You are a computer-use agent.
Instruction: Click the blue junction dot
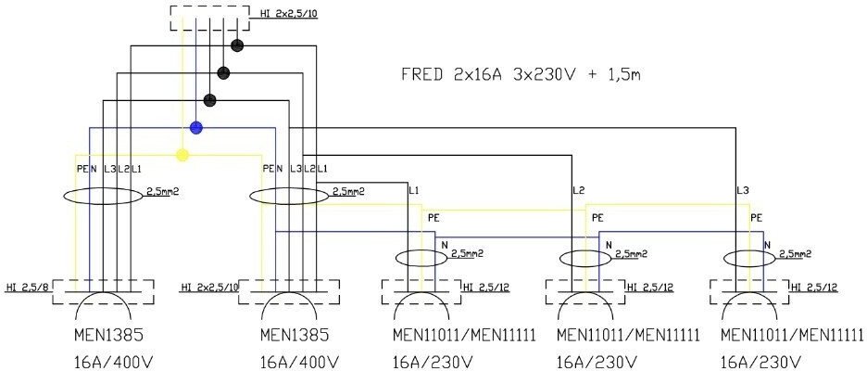pyautogui.click(x=196, y=128)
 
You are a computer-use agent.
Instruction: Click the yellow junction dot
pyautogui.click(x=182, y=155)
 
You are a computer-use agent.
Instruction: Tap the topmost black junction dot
pyautogui.click(x=237, y=45)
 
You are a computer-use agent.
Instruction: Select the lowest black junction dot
pyautogui.click(x=209, y=100)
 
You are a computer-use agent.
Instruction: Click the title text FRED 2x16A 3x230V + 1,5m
pyautogui.click(x=521, y=75)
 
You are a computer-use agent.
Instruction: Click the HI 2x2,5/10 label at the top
pyautogui.click(x=283, y=13)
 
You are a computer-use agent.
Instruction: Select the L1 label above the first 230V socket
pyautogui.click(x=414, y=190)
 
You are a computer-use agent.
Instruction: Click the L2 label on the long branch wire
pyautogui.click(x=579, y=190)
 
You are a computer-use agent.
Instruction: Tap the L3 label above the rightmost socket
pyautogui.click(x=743, y=190)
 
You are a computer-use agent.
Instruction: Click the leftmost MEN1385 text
pyautogui.click(x=108, y=335)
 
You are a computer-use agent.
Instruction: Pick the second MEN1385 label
pyautogui.click(x=295, y=335)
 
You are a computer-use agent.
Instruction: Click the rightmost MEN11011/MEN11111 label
pyautogui.click(x=792, y=335)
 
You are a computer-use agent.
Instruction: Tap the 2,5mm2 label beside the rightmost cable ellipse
pyautogui.click(x=795, y=253)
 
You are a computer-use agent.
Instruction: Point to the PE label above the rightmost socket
pyautogui.click(x=757, y=218)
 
